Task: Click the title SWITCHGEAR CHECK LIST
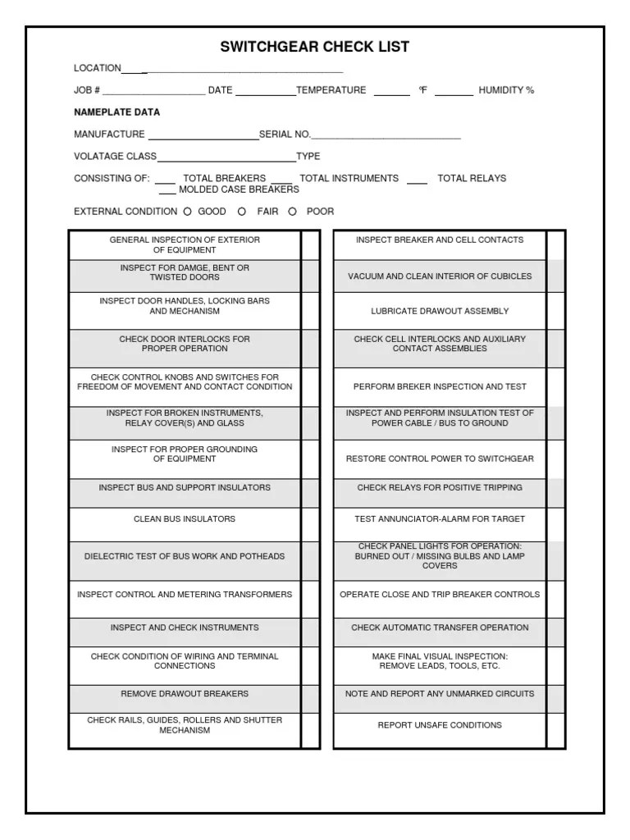314,47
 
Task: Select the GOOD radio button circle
187,212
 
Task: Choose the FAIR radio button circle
242,212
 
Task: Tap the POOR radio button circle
292,212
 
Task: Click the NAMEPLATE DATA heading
116,112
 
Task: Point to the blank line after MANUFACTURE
203,138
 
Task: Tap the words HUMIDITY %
506,90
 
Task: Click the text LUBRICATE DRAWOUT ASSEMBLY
440,312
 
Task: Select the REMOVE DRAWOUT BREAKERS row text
185,694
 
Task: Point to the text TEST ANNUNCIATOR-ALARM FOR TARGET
440,519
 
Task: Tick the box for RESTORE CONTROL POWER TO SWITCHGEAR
555,460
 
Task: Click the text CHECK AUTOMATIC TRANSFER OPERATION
440,628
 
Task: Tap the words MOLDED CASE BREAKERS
239,189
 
